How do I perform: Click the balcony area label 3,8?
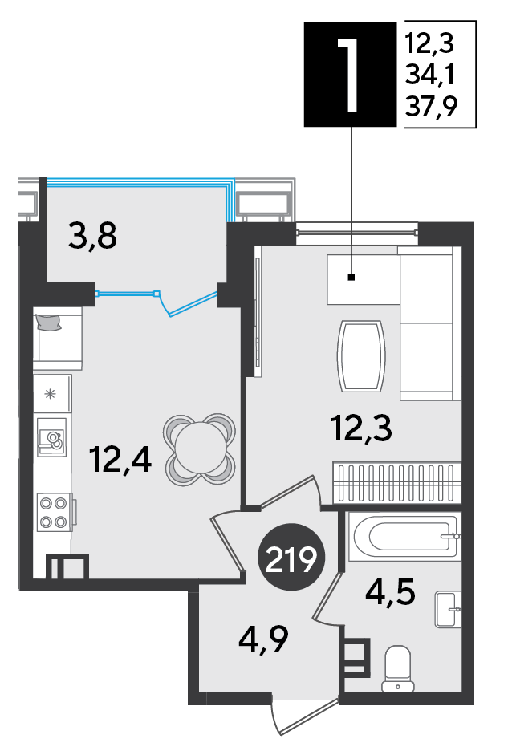pyautogui.click(x=92, y=236)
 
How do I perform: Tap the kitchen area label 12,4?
pyautogui.click(x=120, y=461)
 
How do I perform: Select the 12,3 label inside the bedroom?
pyautogui.click(x=362, y=428)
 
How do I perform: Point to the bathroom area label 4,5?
pyautogui.click(x=390, y=593)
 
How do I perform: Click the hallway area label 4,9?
pyautogui.click(x=263, y=639)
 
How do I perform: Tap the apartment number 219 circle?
pyautogui.click(x=291, y=559)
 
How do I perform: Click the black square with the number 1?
pyautogui.click(x=350, y=75)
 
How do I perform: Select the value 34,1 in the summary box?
pyautogui.click(x=430, y=75)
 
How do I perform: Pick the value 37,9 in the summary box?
pyautogui.click(x=431, y=106)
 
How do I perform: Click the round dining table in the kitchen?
pyautogui.click(x=200, y=449)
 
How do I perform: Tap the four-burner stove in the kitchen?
pyautogui.click(x=54, y=512)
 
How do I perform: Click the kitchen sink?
pyautogui.click(x=51, y=438)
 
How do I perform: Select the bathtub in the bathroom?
pyautogui.click(x=404, y=537)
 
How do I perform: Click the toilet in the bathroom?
pyautogui.click(x=398, y=668)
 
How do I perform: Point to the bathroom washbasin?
pyautogui.click(x=449, y=609)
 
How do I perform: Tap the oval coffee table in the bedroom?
pyautogui.click(x=362, y=355)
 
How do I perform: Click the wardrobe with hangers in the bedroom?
pyautogui.click(x=397, y=483)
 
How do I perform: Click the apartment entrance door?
pyautogui.click(x=305, y=716)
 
